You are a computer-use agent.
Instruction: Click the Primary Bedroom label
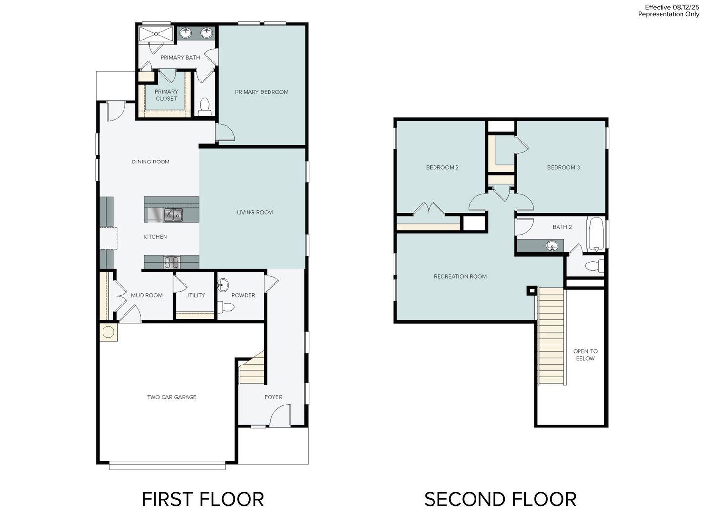coord(262,92)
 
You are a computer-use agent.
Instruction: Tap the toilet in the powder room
coord(227,307)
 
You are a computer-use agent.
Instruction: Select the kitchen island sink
coord(173,215)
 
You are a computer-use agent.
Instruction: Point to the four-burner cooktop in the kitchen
coord(171,263)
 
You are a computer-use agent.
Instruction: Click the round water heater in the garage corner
coord(108,332)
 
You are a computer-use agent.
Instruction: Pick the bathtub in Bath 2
coord(596,234)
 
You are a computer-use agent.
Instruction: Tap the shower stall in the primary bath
coord(156,34)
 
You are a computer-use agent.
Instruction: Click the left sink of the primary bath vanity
coord(186,33)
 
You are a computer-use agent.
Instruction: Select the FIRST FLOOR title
coord(203,499)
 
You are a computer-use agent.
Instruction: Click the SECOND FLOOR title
coord(500,499)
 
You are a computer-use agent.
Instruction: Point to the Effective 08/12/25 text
coord(672,7)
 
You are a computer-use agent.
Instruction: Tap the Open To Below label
coord(585,355)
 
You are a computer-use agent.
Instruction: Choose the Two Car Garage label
coord(172,397)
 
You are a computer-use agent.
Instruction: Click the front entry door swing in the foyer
coord(280,416)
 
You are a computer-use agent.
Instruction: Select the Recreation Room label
coord(460,276)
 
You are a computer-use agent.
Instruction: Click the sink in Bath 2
coord(552,245)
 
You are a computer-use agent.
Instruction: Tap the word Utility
coord(195,295)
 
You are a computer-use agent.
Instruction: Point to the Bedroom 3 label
coord(563,167)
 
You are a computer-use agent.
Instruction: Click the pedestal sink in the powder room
coord(223,284)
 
